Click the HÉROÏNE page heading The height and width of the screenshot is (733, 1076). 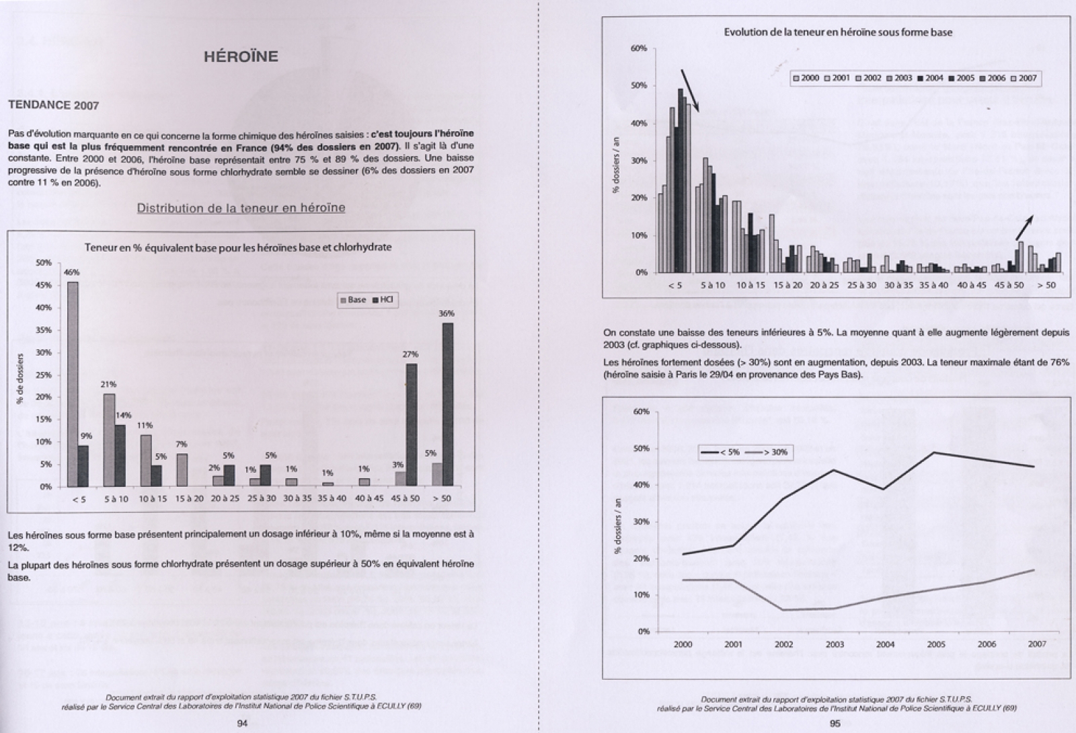[241, 56]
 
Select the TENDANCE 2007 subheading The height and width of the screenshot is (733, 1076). [53, 105]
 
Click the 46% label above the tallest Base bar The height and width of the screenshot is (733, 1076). [72, 272]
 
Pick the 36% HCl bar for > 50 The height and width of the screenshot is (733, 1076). [447, 403]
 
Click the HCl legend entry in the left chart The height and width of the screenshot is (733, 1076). [383, 300]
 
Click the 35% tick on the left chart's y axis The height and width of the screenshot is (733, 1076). [43, 330]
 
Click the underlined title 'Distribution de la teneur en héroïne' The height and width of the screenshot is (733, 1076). [241, 208]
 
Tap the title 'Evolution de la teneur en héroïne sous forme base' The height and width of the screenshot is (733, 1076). [838, 32]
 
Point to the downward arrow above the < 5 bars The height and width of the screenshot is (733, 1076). [690, 90]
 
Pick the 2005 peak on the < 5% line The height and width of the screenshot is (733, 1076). [936, 452]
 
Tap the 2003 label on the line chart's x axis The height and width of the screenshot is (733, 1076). [835, 644]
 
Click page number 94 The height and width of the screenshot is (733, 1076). [243, 724]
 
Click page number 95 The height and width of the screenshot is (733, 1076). [835, 724]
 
